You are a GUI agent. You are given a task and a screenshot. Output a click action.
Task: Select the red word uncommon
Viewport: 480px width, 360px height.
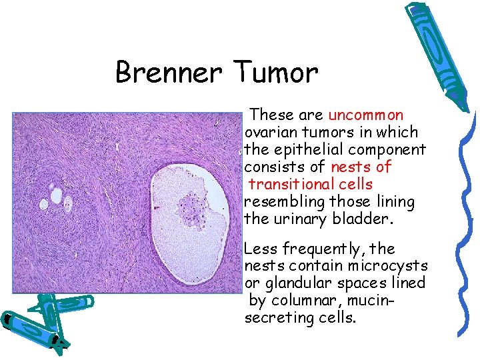(366, 115)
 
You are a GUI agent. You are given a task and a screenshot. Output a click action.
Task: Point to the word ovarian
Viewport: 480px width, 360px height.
(274, 132)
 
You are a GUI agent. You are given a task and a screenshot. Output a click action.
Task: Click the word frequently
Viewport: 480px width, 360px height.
(323, 249)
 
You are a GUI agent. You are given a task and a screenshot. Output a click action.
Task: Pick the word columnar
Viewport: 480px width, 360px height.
(301, 301)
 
